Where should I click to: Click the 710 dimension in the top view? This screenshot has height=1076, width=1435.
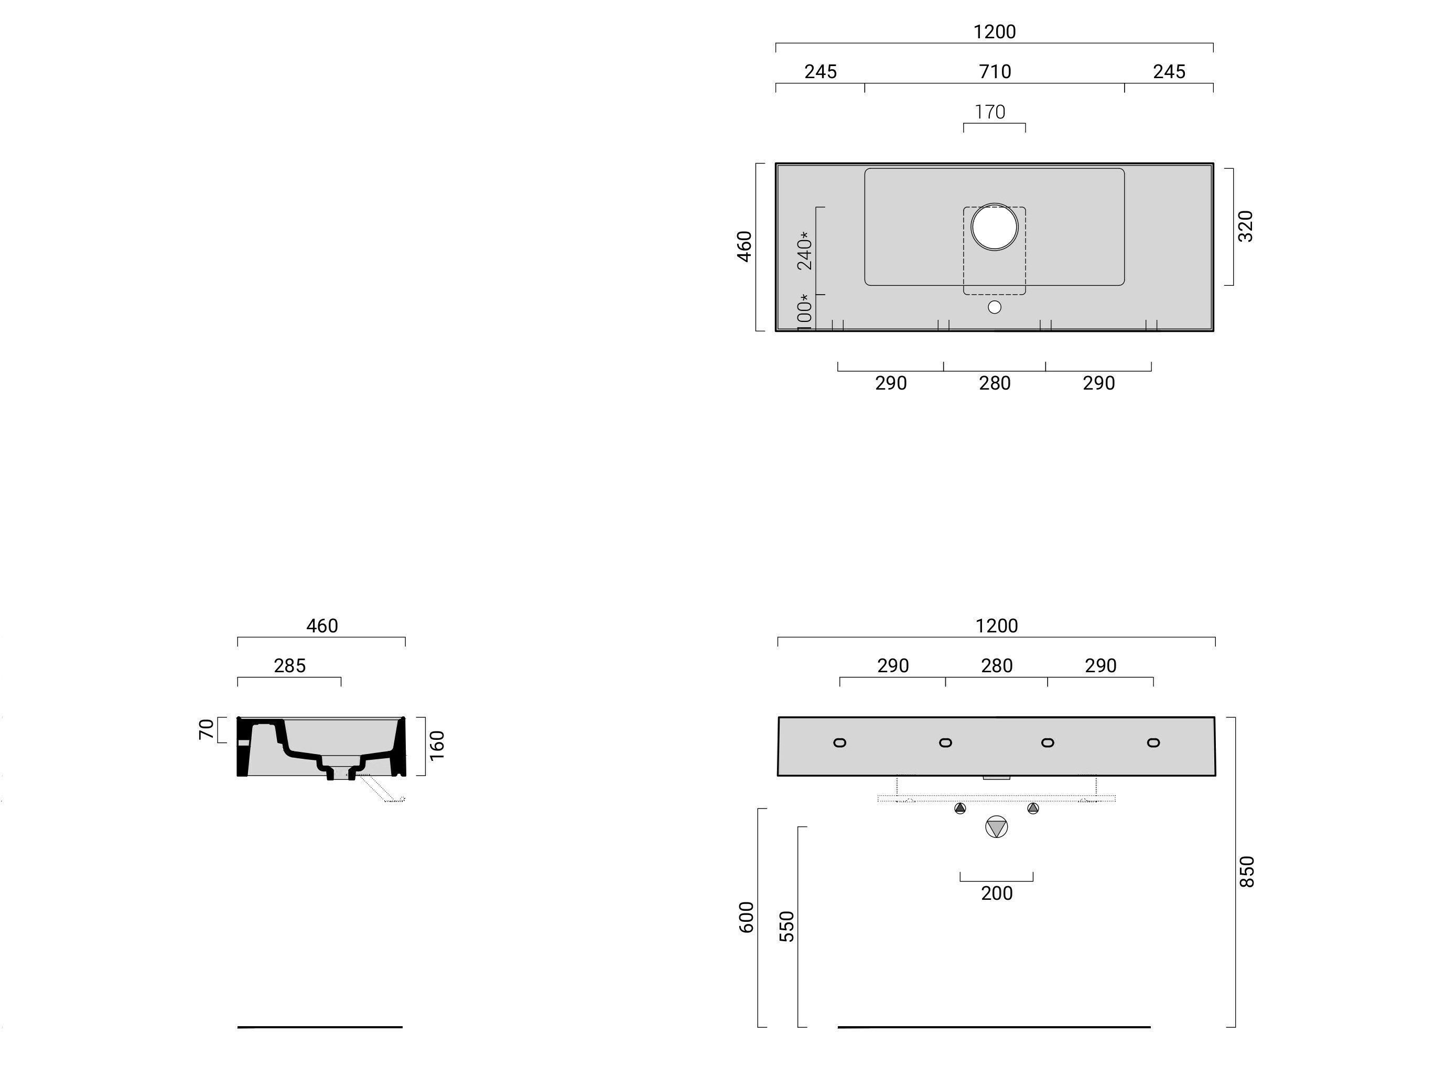tap(994, 71)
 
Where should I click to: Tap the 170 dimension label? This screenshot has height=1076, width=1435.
tap(990, 112)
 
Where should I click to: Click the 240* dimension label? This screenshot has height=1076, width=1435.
tap(804, 251)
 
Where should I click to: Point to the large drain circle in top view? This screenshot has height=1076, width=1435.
tap(995, 227)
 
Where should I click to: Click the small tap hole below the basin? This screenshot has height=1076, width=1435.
tap(995, 307)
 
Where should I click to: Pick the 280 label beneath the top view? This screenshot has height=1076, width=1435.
tap(995, 383)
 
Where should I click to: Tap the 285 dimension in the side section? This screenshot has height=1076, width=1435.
tap(289, 666)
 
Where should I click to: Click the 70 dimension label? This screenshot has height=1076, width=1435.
tap(206, 729)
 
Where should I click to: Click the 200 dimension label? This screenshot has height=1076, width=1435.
tap(997, 894)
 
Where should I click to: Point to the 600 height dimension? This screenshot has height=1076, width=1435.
tap(747, 918)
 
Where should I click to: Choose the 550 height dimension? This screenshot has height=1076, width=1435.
tap(786, 927)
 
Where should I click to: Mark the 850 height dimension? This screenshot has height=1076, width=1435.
tap(1247, 871)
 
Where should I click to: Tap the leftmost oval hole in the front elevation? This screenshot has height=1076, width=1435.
tap(839, 743)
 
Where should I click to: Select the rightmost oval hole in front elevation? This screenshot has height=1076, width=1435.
tap(1153, 743)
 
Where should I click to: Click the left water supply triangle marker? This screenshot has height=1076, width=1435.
tap(960, 809)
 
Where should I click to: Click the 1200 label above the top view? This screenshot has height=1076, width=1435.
tap(994, 32)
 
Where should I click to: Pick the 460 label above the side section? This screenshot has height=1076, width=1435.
tap(322, 626)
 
